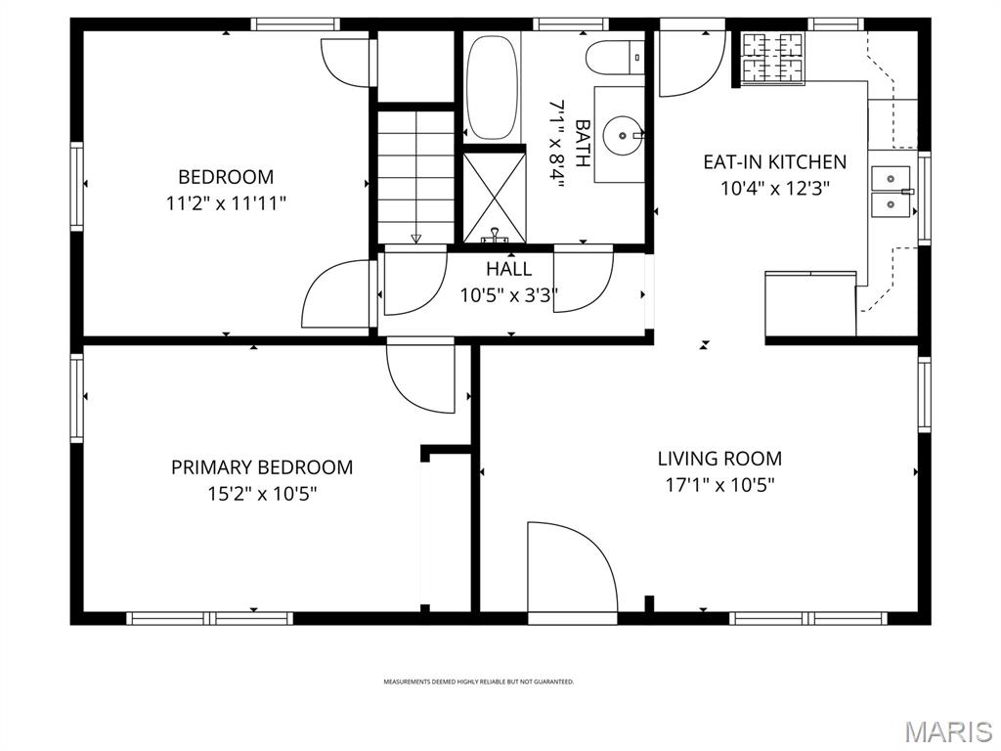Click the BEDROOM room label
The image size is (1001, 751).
226,177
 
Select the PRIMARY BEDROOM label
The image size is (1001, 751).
262,467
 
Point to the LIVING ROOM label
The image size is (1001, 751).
719,458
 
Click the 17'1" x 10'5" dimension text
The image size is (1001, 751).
719,484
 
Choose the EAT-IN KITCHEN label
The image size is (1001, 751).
775,161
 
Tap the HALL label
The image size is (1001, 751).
509,269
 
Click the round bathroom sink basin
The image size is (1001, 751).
621,132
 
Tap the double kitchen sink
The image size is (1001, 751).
892,191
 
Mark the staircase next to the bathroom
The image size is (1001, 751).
416,176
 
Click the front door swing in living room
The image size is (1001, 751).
572,572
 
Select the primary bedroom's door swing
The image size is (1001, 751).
420,376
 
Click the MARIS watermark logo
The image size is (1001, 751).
947,731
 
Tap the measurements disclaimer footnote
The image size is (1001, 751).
478,682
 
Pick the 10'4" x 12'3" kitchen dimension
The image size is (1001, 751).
775,189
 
